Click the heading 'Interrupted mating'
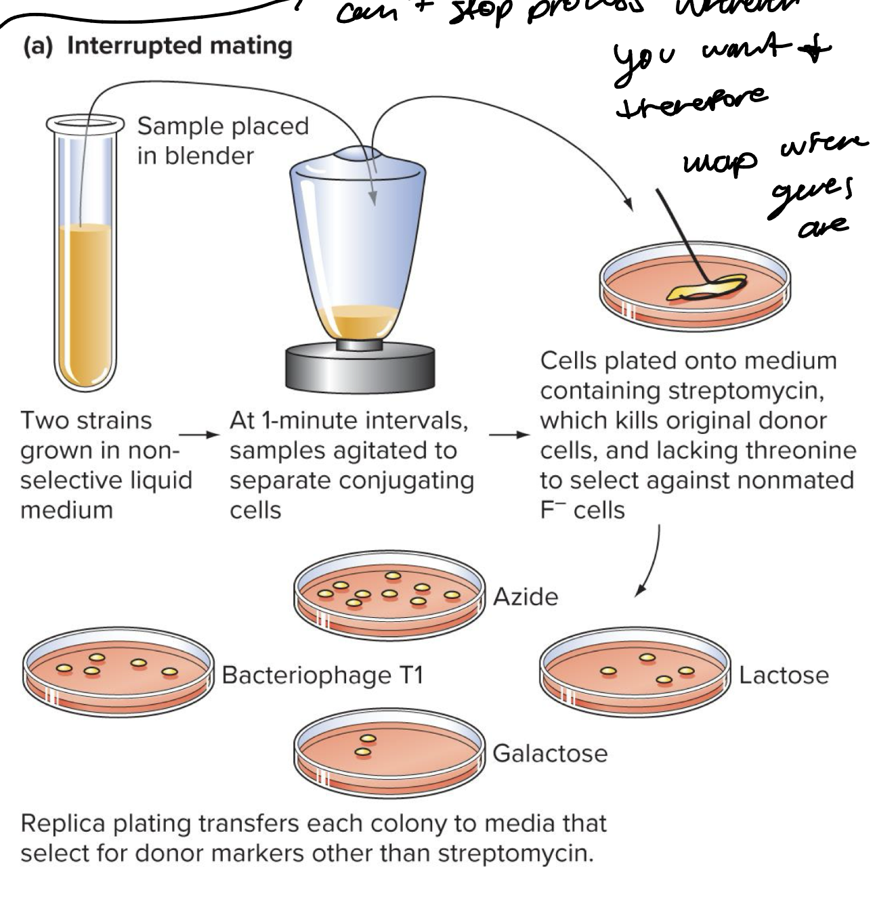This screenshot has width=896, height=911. click(179, 47)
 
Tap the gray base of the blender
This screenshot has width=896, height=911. click(360, 369)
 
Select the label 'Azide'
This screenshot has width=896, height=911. click(526, 597)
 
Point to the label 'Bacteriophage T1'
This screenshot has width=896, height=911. click(322, 675)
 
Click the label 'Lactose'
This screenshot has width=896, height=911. click(783, 675)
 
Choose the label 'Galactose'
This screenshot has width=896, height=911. click(549, 753)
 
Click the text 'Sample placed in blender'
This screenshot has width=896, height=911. click(222, 141)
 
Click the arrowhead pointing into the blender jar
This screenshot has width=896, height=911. click(372, 197)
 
